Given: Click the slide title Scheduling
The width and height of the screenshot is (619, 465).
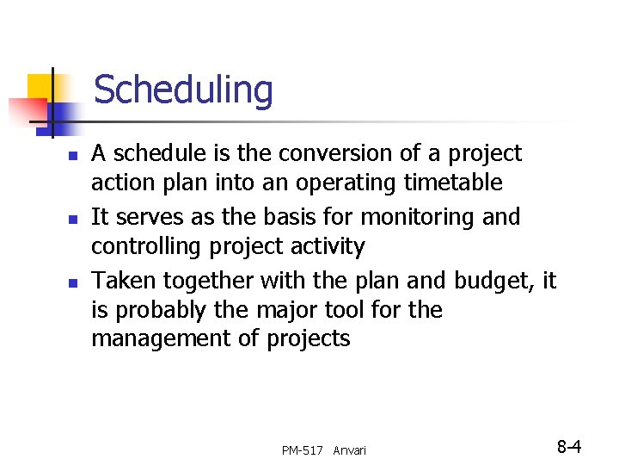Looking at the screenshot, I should point(182,90).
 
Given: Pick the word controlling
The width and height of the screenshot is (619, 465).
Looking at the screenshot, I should point(140,247).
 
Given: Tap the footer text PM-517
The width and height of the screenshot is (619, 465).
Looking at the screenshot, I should point(303,450).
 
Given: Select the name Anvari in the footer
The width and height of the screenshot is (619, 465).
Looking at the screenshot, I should point(349,450).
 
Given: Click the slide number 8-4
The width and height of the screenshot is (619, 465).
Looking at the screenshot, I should point(569,447).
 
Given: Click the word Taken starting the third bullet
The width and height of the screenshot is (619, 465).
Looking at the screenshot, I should point(123,280).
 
